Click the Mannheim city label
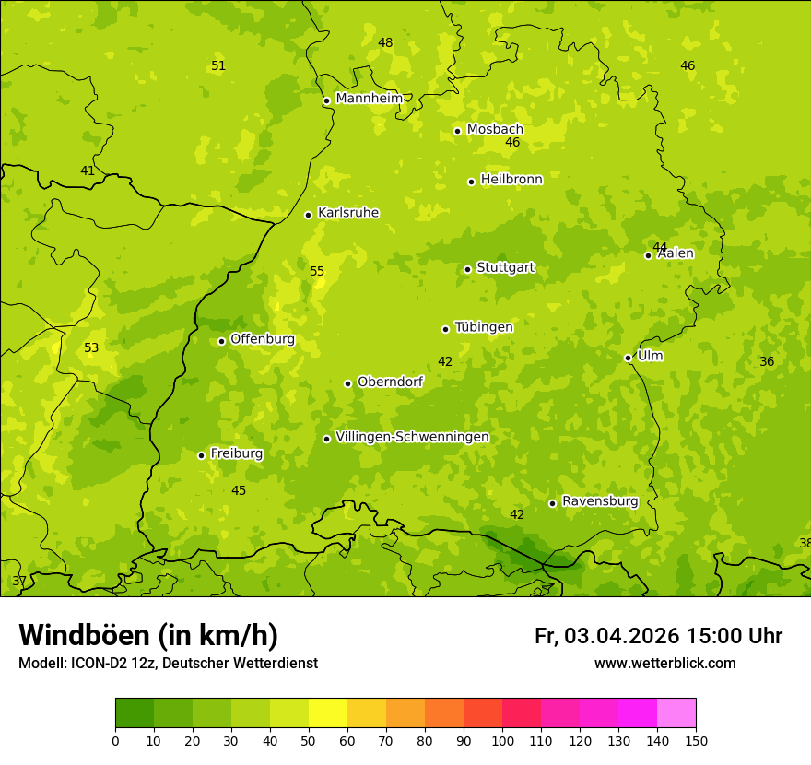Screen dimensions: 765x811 tap(369, 99)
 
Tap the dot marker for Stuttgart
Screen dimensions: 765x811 tap(467, 269)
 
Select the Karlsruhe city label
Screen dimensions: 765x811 tap(347, 213)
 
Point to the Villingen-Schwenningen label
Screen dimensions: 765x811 tap(412, 437)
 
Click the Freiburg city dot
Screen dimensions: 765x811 tap(201, 455)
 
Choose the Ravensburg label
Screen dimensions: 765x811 tap(599, 501)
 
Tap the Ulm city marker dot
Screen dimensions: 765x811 tap(628, 358)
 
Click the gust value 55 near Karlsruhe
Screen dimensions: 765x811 tap(317, 272)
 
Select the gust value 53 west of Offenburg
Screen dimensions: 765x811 tap(91, 348)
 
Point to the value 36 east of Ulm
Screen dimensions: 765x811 tap(767, 362)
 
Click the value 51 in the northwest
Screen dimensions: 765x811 tap(218, 66)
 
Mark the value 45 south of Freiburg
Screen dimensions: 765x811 tap(239, 491)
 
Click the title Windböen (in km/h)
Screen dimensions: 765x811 tap(148, 635)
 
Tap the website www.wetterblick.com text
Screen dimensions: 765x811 tap(664, 664)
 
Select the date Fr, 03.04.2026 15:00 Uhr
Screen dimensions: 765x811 tap(658, 636)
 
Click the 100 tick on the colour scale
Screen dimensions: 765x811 tap(502, 740)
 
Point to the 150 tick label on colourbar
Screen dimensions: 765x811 tap(696, 740)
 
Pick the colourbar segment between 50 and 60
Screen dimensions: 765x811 tap(328, 713)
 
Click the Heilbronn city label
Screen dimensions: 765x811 tap(511, 180)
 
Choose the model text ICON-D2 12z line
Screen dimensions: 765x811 tap(168, 664)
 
